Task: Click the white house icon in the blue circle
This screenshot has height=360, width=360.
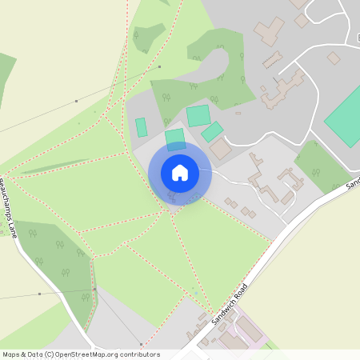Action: [x=180, y=173]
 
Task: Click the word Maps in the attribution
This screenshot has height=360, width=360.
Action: [x=11, y=354]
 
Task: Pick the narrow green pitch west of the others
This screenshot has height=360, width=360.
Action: [x=142, y=127]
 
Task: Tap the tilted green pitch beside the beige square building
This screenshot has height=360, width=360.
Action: [x=212, y=131]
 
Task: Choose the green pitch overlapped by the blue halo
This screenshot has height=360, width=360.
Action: [x=175, y=139]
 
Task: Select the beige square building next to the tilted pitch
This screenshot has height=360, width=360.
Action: [x=221, y=149]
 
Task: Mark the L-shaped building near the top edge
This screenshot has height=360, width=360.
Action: [x=270, y=31]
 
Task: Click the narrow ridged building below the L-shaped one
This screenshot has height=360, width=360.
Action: [x=272, y=60]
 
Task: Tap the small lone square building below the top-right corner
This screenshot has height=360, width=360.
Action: [x=334, y=58]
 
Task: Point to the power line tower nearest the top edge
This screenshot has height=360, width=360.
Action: [x=159, y=67]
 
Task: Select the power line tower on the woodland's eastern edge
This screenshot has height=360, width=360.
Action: [x=94, y=289]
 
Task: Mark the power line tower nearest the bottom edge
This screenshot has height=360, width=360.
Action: [x=141, y=342]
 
